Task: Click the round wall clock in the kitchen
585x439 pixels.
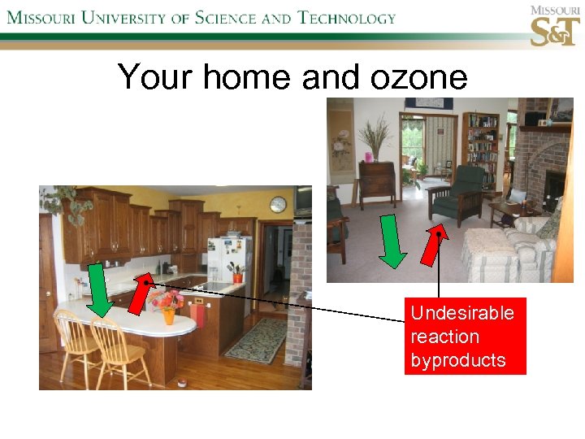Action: pyautogui.click(x=278, y=205)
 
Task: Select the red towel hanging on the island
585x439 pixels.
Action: pyautogui.click(x=197, y=314)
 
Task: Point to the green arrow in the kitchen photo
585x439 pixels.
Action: pyautogui.click(x=100, y=289)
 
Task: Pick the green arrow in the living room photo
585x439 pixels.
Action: pyautogui.click(x=393, y=241)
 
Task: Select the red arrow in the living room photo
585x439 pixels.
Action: pyautogui.click(x=434, y=241)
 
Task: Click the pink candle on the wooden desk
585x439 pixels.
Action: pyautogui.click(x=368, y=156)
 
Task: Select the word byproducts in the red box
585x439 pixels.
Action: pyautogui.click(x=458, y=360)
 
